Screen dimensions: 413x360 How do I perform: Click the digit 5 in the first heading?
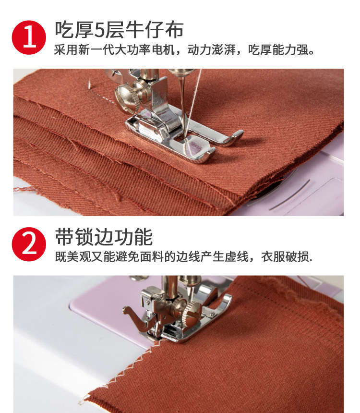click(98, 30)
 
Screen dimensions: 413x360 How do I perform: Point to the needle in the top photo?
click(181, 103)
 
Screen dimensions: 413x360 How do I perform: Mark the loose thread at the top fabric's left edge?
click(22, 190)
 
